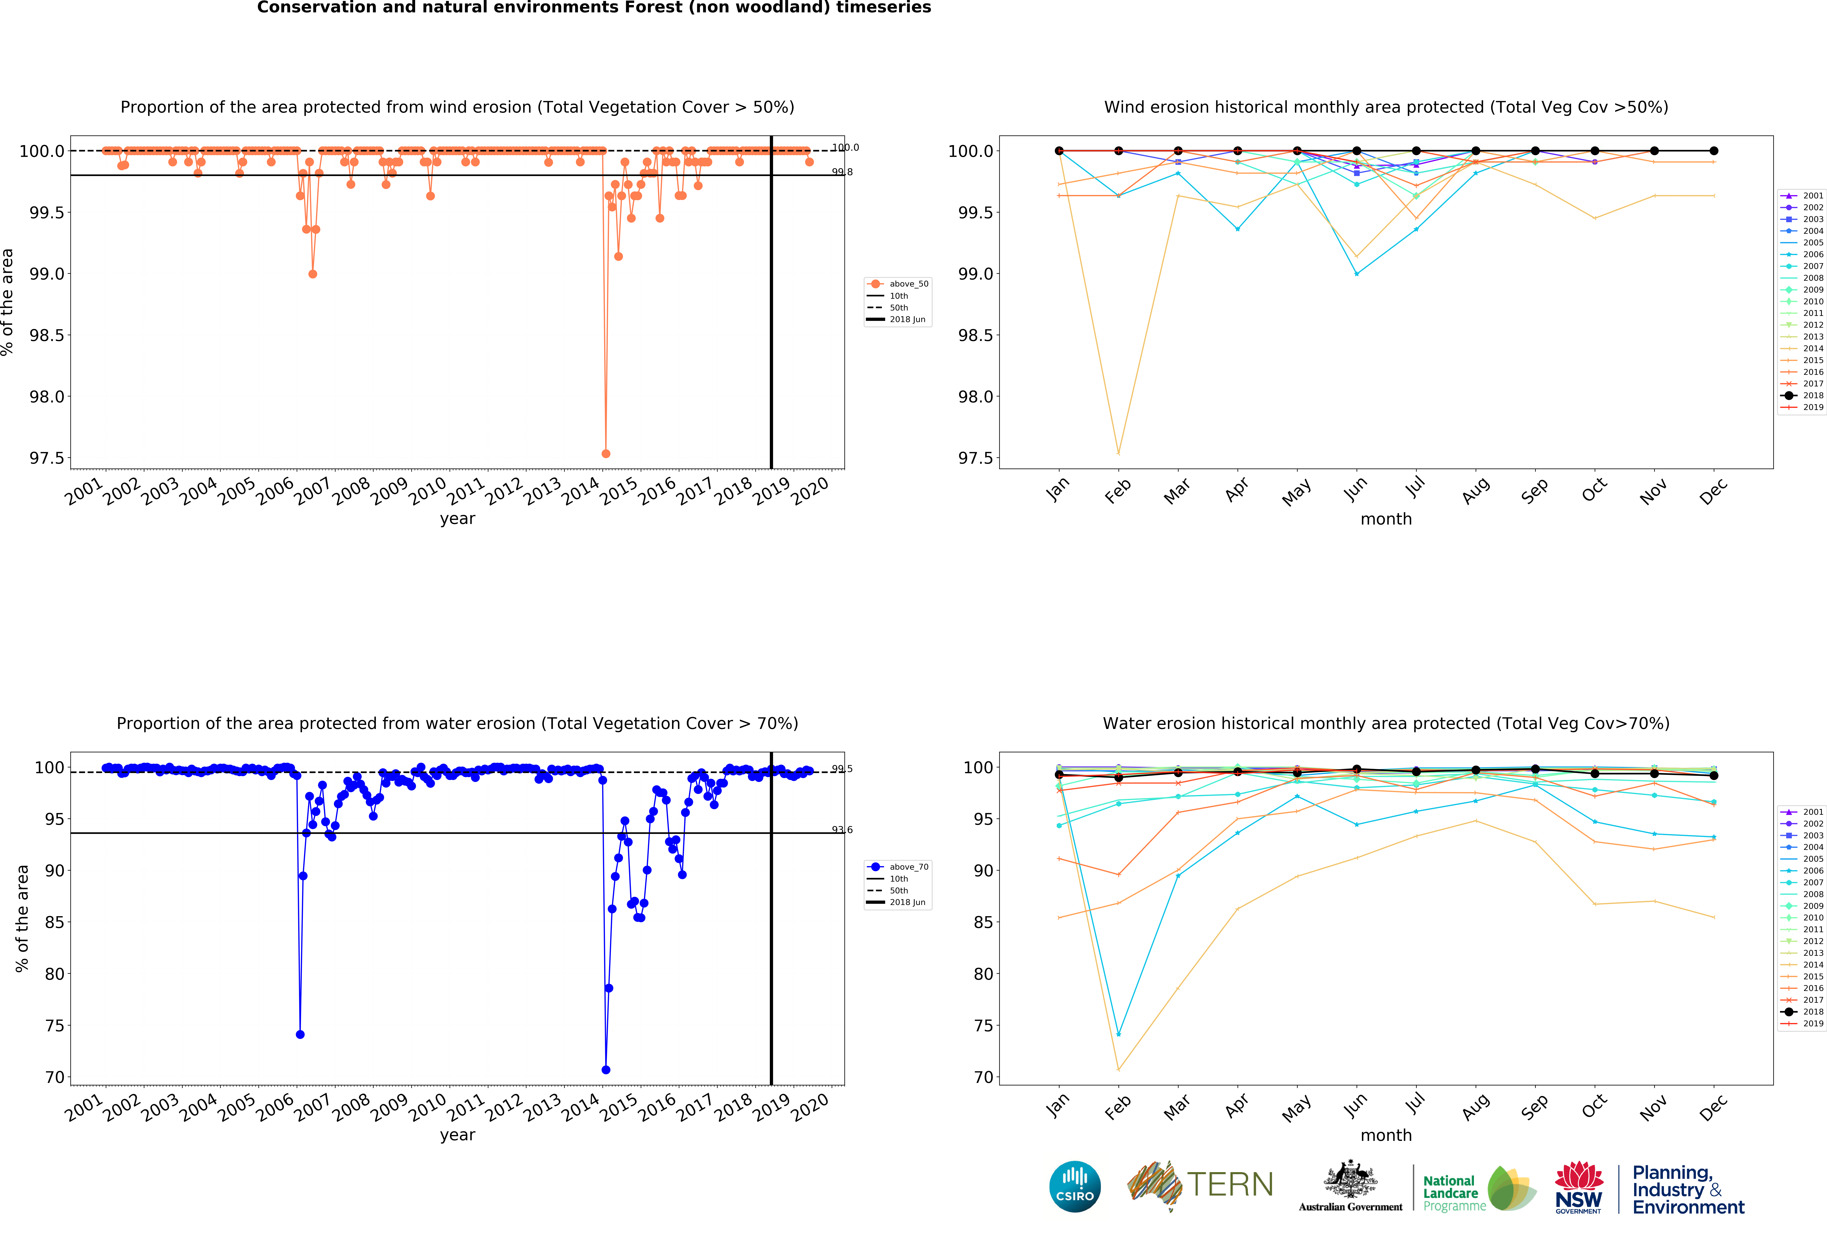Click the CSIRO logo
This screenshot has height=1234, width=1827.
tap(1075, 1186)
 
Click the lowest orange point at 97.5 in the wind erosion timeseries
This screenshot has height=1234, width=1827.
tap(605, 453)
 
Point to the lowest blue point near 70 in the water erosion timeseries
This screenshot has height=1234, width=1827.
tap(605, 1070)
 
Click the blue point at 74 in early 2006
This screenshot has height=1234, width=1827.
tap(300, 1034)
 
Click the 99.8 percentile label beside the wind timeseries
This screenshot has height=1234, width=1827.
tap(842, 172)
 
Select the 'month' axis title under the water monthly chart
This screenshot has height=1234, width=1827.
tap(1386, 1135)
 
